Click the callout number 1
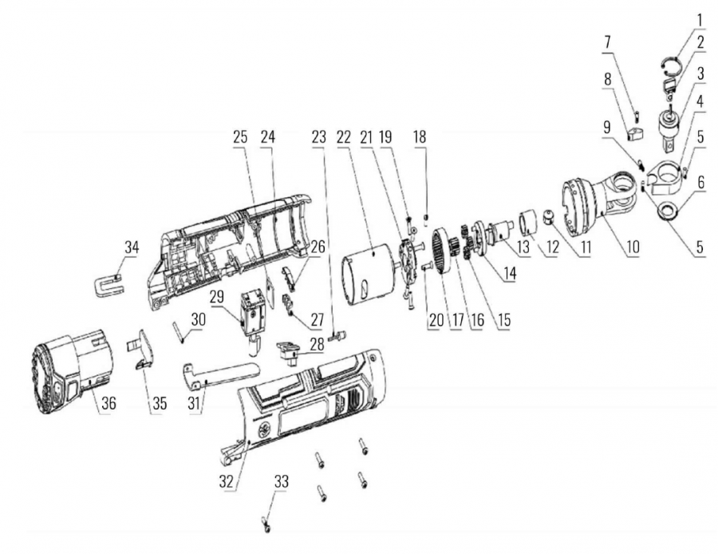click(700, 18)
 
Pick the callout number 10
click(633, 247)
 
